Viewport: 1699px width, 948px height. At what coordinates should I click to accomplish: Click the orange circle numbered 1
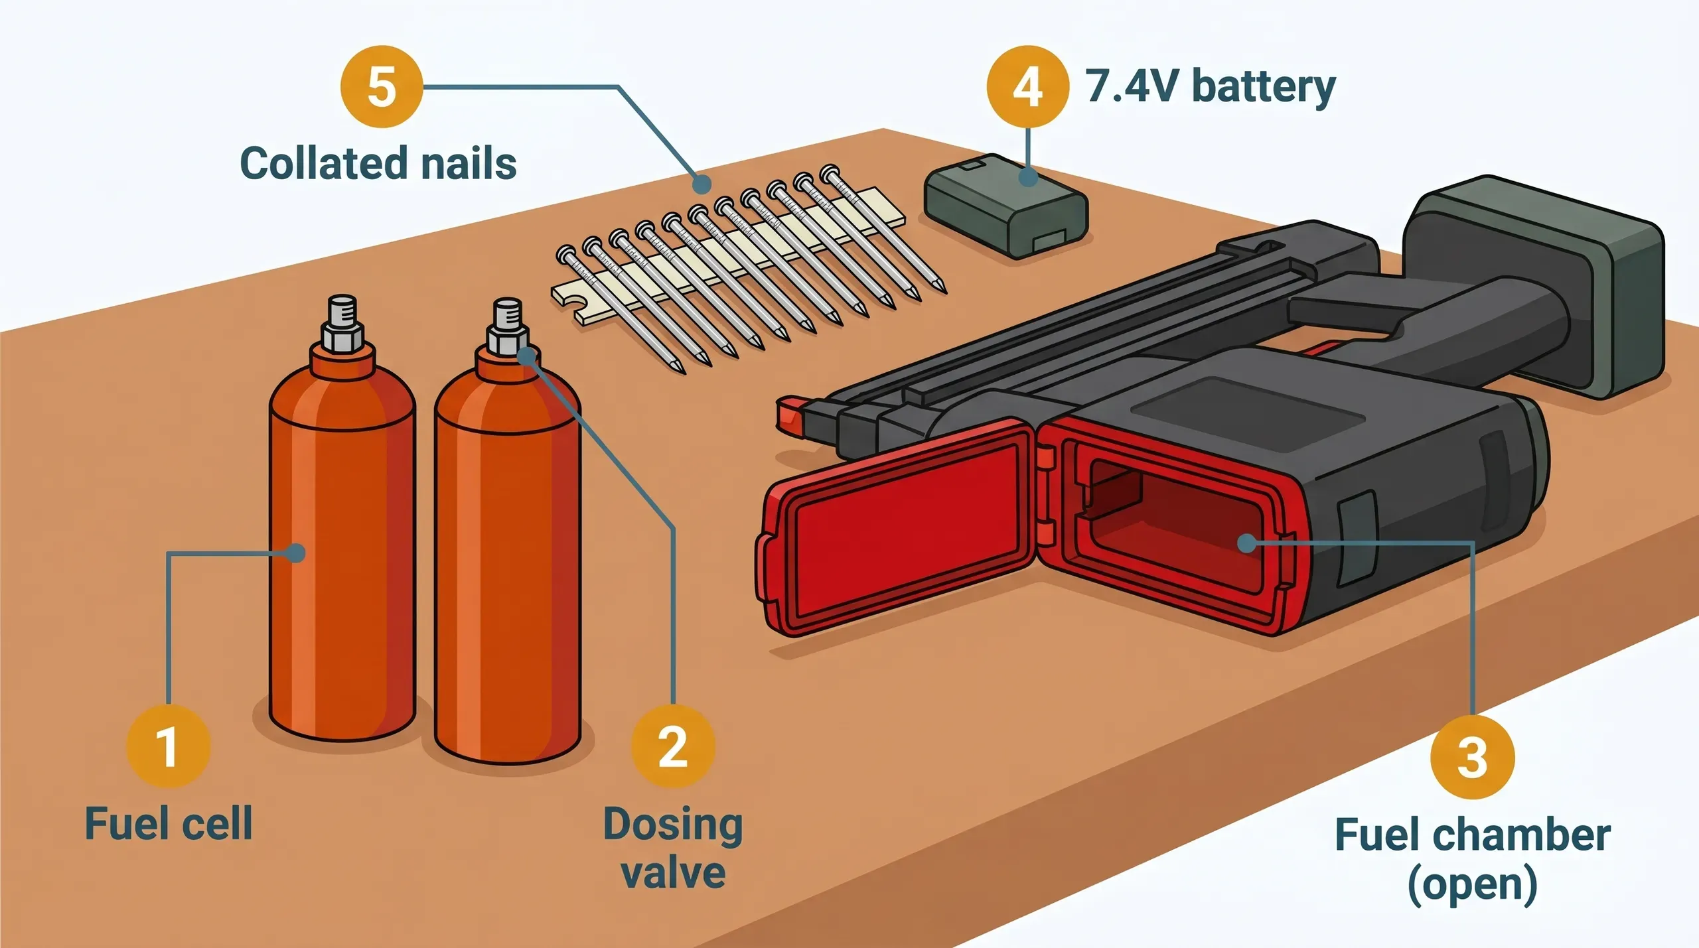click(168, 746)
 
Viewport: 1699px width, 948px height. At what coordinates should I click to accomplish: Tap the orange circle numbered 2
click(672, 746)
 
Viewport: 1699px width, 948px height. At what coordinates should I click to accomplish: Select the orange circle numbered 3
click(1472, 757)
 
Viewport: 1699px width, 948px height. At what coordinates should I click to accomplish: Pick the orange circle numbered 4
click(1027, 87)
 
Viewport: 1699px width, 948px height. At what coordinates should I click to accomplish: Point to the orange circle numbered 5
click(382, 87)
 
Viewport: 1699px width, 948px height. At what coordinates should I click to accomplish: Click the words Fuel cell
click(169, 824)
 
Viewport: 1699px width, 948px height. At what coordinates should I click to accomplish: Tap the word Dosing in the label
click(672, 825)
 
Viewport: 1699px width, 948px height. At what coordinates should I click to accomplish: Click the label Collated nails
click(378, 163)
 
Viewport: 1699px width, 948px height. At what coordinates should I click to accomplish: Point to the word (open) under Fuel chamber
click(1472, 884)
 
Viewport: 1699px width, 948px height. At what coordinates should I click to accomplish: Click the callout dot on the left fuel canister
click(296, 553)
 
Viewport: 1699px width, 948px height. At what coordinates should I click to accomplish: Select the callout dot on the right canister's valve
click(526, 356)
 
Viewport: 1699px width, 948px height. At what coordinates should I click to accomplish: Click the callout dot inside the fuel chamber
click(1246, 543)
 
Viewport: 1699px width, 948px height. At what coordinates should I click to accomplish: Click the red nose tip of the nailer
click(790, 415)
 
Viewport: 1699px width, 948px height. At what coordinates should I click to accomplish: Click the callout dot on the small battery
click(1028, 176)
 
